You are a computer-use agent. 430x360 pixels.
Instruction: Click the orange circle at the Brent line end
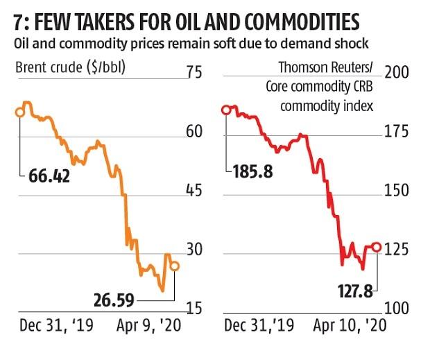click(x=175, y=266)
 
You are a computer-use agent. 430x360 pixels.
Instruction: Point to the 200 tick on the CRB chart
click(x=398, y=72)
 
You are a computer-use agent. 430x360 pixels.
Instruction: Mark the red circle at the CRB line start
click(x=225, y=110)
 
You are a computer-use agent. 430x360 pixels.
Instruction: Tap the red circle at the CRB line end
click(x=377, y=246)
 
